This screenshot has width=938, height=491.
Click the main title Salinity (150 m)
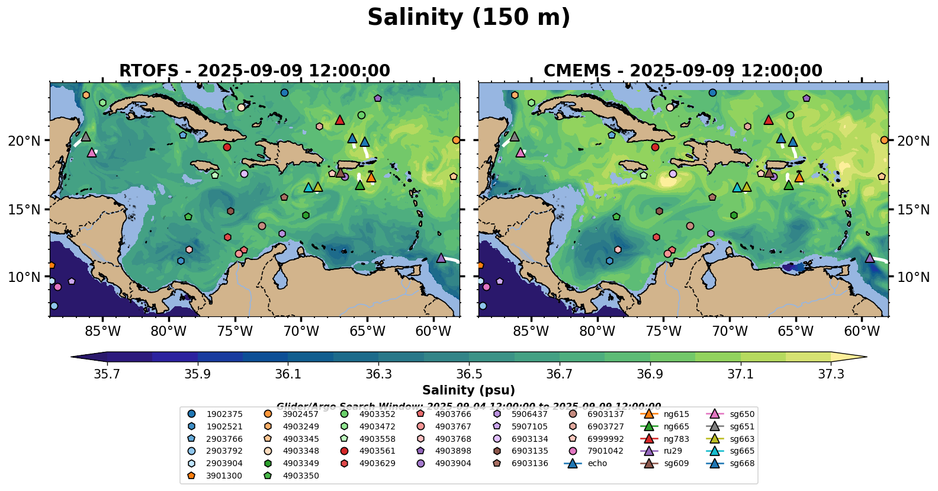[468, 18]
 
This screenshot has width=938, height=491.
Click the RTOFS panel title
[255, 70]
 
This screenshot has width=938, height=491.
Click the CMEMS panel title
[683, 70]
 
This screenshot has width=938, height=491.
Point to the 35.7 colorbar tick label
[107, 374]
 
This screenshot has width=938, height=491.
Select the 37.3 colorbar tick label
[831, 374]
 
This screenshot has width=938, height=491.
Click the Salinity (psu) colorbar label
[468, 390]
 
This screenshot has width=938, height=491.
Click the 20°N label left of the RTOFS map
[24, 141]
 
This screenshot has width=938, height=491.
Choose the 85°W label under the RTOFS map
[102, 331]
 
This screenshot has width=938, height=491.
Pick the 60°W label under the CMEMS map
[862, 331]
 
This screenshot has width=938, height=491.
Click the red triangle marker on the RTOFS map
[340, 120]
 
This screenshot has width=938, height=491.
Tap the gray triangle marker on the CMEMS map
[514, 137]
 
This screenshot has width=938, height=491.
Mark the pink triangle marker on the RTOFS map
[92, 153]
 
